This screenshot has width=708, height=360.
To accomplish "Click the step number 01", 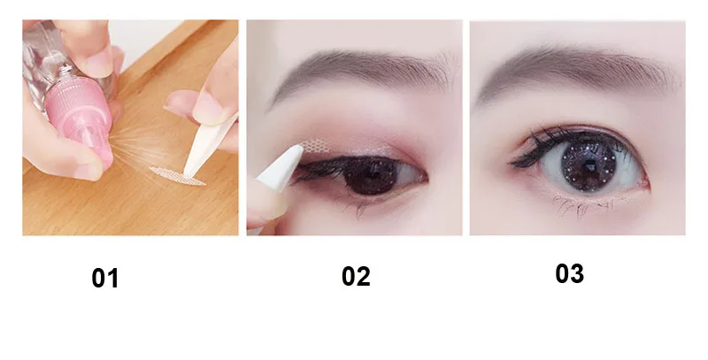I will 104,279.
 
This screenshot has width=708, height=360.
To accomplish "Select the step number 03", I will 569,274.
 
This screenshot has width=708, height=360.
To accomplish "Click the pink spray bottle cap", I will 81,125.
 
